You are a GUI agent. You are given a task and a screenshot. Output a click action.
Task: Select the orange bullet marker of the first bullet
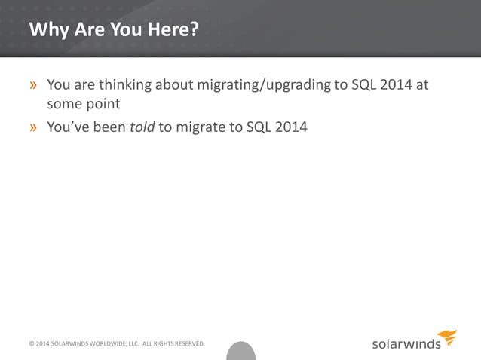coord(34,85)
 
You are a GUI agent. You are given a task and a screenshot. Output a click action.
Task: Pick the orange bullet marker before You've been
coord(34,127)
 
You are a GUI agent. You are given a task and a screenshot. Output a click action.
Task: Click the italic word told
coord(142,127)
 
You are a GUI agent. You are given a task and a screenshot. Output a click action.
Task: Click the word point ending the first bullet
coord(104,104)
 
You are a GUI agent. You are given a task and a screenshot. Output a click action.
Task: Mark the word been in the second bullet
coord(109,127)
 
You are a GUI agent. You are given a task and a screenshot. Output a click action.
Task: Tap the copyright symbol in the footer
coord(31,344)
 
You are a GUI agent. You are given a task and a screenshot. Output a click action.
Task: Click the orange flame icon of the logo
coord(448,337)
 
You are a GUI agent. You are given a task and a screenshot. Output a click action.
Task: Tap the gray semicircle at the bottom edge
coord(241,352)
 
